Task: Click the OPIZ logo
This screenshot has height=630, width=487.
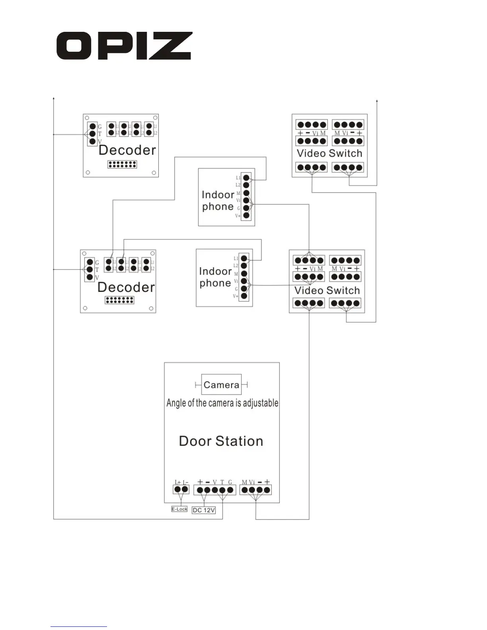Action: [124, 46]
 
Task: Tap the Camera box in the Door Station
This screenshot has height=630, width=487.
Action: [221, 385]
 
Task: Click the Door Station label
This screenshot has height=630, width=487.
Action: [221, 441]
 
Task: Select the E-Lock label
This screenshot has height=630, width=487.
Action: [179, 509]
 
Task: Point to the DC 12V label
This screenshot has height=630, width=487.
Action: [204, 510]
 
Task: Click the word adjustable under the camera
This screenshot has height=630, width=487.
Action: [261, 403]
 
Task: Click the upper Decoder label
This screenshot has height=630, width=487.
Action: [127, 150]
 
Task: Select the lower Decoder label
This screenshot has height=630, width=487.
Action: [126, 287]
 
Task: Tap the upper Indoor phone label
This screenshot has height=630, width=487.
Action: [218, 200]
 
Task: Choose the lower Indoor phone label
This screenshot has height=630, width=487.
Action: [215, 277]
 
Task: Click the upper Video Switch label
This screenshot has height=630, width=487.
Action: [329, 153]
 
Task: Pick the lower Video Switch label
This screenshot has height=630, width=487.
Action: [327, 290]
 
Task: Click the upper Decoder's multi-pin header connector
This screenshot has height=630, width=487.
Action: [122, 164]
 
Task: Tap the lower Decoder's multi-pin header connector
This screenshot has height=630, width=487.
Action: [119, 300]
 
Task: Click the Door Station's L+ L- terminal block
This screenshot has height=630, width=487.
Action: [181, 489]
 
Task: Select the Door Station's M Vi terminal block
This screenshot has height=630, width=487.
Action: [256, 490]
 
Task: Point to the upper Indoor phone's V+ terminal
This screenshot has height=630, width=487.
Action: [246, 215]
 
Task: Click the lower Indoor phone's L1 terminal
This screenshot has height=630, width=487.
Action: [244, 259]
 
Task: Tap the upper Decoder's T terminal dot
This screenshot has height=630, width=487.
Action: [92, 134]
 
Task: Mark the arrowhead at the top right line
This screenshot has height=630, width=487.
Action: [377, 101]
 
